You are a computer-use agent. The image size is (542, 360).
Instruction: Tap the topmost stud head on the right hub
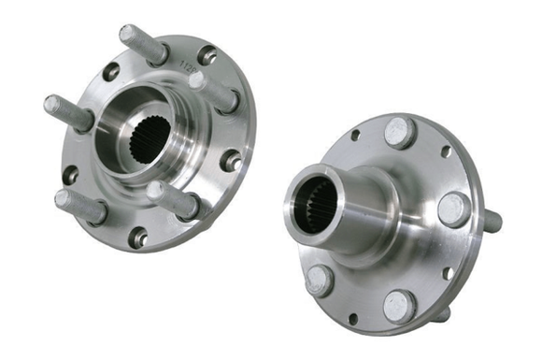(x=400, y=132)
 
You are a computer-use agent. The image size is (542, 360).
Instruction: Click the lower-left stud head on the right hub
(x=320, y=279)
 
